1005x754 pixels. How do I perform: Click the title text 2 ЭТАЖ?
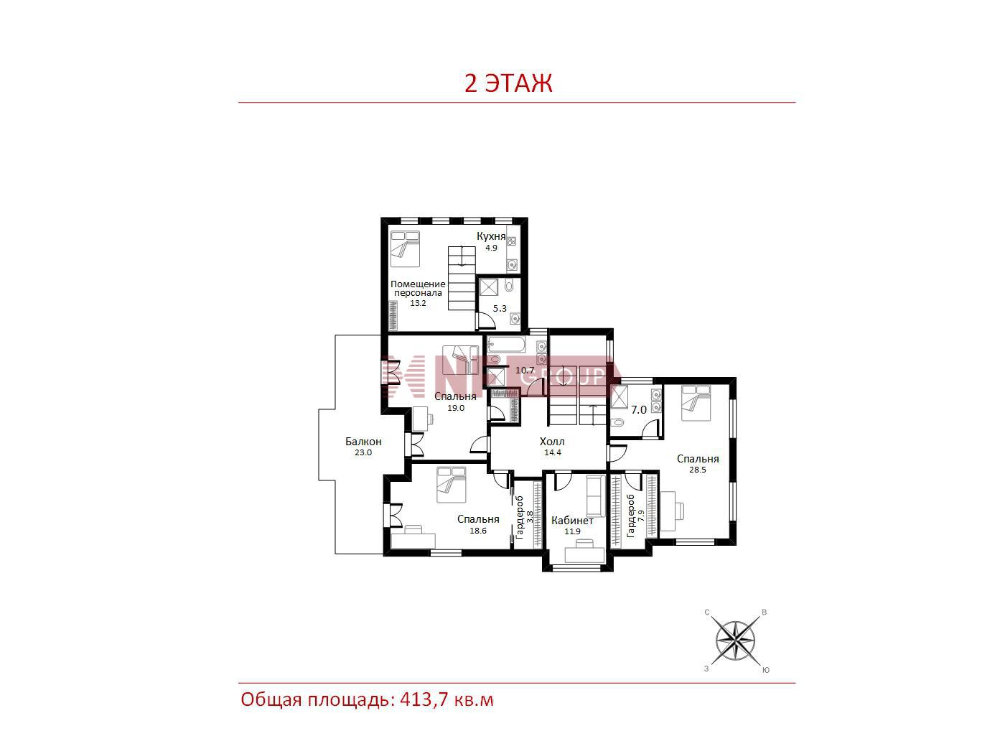click(508, 84)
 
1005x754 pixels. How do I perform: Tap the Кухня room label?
click(491, 236)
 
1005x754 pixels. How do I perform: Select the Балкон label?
click(363, 442)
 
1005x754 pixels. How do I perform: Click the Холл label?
click(552, 442)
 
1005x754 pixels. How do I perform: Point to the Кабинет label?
click(572, 521)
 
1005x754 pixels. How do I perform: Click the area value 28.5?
click(697, 470)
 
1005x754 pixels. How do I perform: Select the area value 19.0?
click(456, 408)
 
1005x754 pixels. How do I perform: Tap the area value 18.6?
click(477, 531)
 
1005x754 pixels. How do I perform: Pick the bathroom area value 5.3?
click(500, 308)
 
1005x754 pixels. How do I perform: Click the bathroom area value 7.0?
click(639, 410)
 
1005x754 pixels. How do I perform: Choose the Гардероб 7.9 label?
click(635, 516)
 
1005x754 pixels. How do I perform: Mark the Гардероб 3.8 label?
click(524, 517)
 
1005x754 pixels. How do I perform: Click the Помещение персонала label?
click(418, 289)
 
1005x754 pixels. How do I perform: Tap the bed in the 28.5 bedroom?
click(696, 403)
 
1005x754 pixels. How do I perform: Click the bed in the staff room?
click(405, 248)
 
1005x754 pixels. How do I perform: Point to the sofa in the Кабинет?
click(595, 496)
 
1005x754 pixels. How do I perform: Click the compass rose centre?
click(735, 641)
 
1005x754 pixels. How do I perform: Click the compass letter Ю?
click(766, 670)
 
